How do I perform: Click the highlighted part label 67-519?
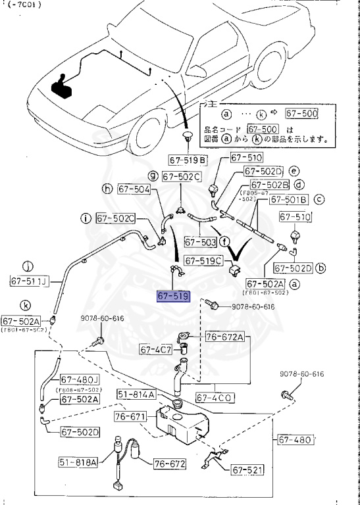pos(173,296)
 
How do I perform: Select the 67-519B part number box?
pos(188,159)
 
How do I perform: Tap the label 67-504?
pos(134,189)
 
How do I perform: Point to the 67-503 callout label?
pos(200,242)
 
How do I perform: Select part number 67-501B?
pos(289,199)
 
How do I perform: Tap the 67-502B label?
pos(270,185)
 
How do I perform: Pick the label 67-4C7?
pos(155,349)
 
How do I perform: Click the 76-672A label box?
pos(224,337)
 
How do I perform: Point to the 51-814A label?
pos(136,395)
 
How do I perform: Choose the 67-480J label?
pos(80,379)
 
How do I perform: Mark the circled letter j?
pos(28,266)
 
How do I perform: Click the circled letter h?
pos(107,189)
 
